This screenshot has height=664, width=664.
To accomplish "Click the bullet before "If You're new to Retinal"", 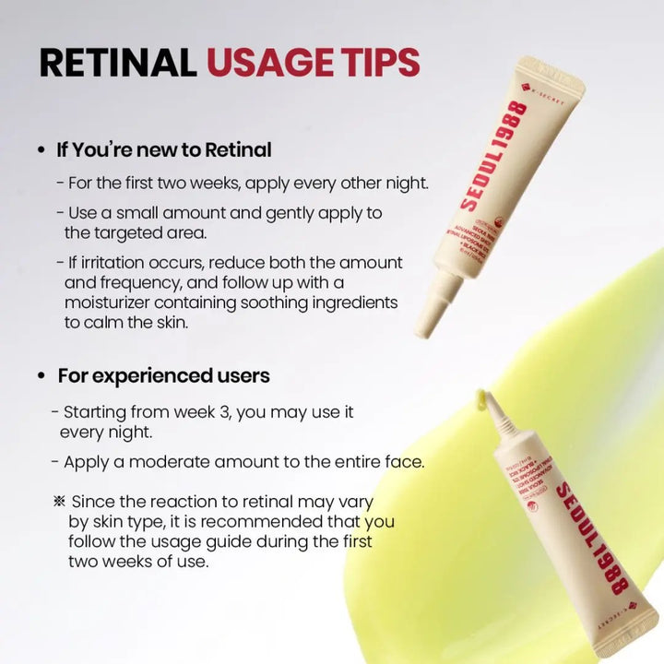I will coord(41,149).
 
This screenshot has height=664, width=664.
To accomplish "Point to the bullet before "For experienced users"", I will coord(41,376).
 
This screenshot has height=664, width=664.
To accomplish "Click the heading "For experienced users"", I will coord(163,376).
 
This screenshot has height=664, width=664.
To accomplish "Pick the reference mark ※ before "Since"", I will coord(60,502).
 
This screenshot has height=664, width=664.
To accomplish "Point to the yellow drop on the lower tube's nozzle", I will coord(480,399).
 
